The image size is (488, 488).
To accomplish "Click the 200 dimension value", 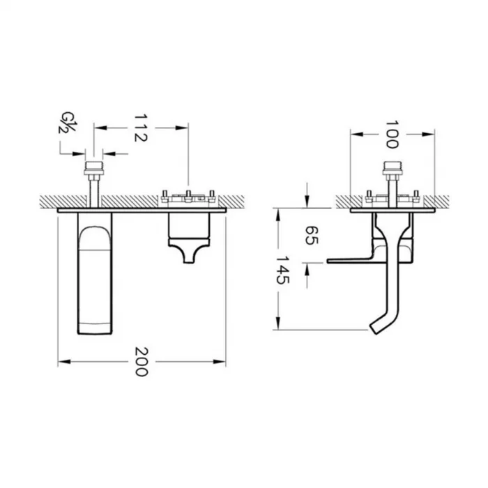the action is click(141, 362).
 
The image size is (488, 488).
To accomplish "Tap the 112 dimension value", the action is click(140, 128).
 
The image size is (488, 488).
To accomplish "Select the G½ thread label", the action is click(68, 122).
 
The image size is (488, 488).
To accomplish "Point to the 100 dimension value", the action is click(392, 135).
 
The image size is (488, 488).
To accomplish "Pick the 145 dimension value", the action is click(283, 270).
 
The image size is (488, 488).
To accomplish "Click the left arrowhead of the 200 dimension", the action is click(64, 362).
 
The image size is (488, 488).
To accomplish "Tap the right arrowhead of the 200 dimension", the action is click(220, 362).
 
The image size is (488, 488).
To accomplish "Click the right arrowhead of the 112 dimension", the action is click(182, 128).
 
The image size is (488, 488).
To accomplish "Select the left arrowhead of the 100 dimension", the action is click(357, 134).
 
